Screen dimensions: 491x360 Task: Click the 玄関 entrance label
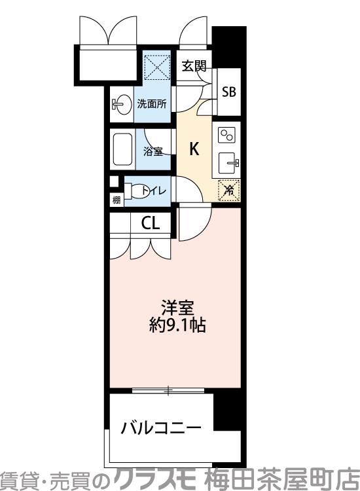tap(194, 65)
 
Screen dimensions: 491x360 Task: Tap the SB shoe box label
tap(228, 91)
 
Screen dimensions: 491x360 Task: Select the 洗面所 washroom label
tap(151, 103)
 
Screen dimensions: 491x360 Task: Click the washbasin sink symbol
tap(120, 104)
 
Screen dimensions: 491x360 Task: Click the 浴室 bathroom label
tap(153, 152)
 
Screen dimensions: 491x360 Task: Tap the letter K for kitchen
tap(194, 149)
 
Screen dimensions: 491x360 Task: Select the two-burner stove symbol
tap(227, 136)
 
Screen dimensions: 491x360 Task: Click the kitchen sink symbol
tap(228, 162)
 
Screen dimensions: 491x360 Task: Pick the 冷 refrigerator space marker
tap(228, 190)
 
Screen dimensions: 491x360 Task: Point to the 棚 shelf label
tap(117, 200)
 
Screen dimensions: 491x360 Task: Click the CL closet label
tap(150, 223)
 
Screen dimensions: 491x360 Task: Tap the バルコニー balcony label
tap(160, 429)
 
